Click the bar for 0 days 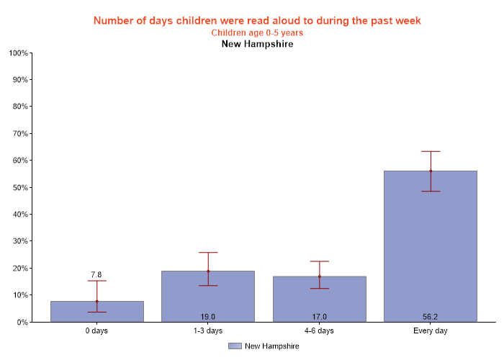coord(96,312)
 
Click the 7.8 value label coord(96,274)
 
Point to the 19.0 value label coord(208,316)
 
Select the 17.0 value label coord(319,316)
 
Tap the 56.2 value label coord(431,316)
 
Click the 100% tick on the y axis coord(18,53)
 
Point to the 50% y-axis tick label coord(19,188)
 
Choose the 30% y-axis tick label coord(19,241)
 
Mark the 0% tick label coord(22,323)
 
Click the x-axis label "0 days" coord(96,331)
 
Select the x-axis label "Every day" coord(431,331)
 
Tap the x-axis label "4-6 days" coord(319,331)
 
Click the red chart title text coord(257,20)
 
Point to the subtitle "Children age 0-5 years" coord(257,32)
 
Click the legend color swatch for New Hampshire coord(235,346)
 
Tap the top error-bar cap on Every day coord(431,151)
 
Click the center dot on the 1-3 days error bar coord(208,271)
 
